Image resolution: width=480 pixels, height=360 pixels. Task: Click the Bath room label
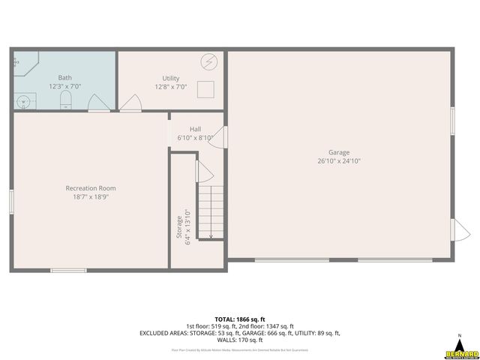coord(65,78)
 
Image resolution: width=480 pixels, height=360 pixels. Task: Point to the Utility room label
coord(171,78)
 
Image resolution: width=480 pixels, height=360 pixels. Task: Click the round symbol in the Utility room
coord(208,61)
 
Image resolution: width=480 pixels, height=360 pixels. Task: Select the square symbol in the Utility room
coord(206,89)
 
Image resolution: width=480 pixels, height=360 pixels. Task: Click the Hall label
coord(195,129)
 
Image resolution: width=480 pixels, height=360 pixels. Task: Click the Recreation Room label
coord(91,188)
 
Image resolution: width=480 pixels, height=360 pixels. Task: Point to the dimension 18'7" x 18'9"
coord(91,196)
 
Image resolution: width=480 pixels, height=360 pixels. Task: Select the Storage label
coord(178,227)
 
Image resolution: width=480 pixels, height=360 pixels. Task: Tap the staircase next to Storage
coord(211,212)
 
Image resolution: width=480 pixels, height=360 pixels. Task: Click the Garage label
coord(339,152)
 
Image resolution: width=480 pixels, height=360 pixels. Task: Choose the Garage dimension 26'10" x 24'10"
coord(339,160)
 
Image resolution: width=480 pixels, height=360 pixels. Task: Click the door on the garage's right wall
coord(457,231)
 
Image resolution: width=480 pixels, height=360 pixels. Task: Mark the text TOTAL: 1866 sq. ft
coord(239,319)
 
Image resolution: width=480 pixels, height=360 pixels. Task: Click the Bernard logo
coord(460,349)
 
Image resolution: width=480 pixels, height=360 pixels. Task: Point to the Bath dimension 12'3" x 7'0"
coord(65,86)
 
